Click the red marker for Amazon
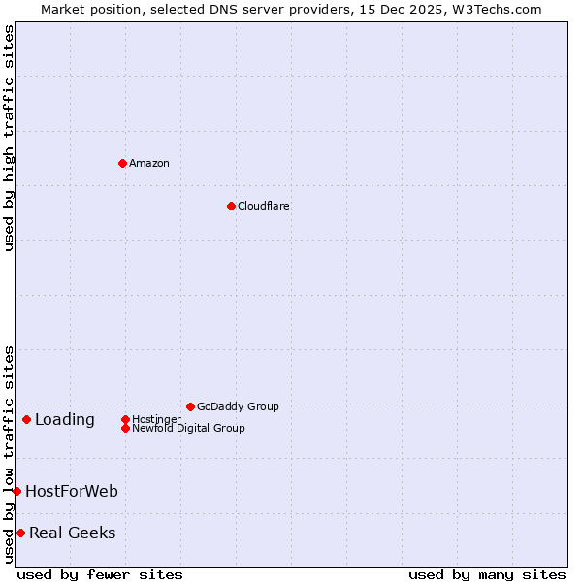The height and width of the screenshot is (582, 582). pyautogui.click(x=122, y=163)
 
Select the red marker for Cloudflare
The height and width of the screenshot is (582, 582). pyautogui.click(x=231, y=206)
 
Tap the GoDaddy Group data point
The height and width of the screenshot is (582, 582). pyautogui.click(x=190, y=406)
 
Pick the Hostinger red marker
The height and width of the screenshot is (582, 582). pyautogui.click(x=125, y=419)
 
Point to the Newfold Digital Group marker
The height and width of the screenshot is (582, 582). pyautogui.click(x=125, y=428)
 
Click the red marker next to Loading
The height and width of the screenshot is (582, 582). pyautogui.click(x=26, y=419)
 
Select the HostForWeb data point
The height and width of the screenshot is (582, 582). pyautogui.click(x=16, y=491)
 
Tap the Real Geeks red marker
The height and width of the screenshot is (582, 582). pyautogui.click(x=20, y=533)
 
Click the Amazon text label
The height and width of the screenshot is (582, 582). pyautogui.click(x=149, y=163)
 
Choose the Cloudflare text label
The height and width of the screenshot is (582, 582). pyautogui.click(x=264, y=206)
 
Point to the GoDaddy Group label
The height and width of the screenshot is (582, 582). pyautogui.click(x=238, y=406)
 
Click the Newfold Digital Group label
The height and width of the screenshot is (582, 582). pyautogui.click(x=189, y=428)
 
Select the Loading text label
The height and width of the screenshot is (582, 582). pyautogui.click(x=65, y=419)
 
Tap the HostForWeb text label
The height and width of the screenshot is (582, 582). pyautogui.click(x=72, y=491)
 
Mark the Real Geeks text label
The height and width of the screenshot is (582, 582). pyautogui.click(x=73, y=533)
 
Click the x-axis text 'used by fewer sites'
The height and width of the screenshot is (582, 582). pyautogui.click(x=100, y=574)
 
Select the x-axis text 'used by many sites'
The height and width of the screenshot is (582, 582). pyautogui.click(x=487, y=574)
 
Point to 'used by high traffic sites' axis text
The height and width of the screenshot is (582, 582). pyautogui.click(x=9, y=138)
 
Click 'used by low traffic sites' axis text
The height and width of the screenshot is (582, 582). pyautogui.click(x=9, y=454)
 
